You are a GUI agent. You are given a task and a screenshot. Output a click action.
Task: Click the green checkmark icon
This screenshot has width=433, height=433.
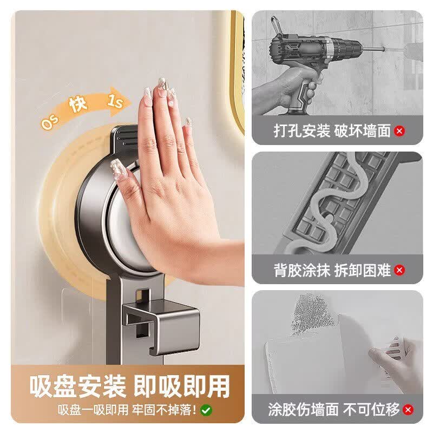[206, 410]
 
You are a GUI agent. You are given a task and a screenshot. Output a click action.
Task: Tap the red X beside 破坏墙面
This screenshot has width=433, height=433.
[399, 130]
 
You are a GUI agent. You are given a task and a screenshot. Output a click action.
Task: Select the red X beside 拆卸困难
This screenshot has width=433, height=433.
[399, 270]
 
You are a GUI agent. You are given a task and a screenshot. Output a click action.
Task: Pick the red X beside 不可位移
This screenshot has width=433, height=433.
[408, 409]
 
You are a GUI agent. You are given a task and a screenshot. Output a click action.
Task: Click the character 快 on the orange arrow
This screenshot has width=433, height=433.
[78, 104]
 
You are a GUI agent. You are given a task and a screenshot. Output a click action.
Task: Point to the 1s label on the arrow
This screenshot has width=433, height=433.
[115, 101]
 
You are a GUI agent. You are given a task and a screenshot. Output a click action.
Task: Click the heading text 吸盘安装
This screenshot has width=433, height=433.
[78, 386]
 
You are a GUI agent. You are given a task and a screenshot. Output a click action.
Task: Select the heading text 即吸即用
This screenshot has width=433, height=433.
[182, 386]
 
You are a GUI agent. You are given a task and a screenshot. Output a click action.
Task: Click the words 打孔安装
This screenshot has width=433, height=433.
[302, 130]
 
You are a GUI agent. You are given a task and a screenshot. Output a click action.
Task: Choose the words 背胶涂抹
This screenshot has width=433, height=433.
[302, 270]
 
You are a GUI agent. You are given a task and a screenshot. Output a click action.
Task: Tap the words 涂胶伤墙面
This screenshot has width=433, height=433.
[303, 409]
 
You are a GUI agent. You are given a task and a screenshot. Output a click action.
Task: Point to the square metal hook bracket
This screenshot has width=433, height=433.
[161, 326]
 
